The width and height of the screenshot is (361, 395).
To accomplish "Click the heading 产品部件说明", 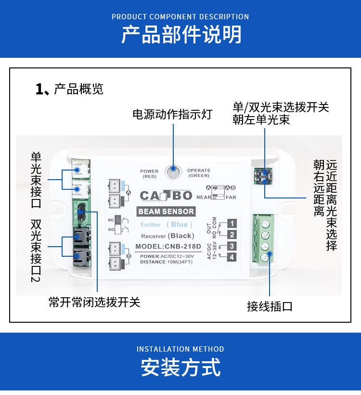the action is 180,35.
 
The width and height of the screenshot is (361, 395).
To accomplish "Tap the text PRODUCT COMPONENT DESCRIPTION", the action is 180,17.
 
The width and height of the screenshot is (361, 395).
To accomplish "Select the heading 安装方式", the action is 180,368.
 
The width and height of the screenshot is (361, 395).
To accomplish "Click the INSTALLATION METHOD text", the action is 180,349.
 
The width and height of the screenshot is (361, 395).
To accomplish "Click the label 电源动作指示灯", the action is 172,115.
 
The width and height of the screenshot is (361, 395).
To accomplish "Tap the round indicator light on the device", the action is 173,171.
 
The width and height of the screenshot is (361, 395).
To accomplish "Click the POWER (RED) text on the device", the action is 149,174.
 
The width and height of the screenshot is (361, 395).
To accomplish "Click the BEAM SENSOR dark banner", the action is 166,211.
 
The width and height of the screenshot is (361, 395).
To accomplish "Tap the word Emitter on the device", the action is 151,225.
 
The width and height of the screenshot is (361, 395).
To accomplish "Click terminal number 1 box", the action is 232,224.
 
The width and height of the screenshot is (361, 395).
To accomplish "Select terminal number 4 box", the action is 232,258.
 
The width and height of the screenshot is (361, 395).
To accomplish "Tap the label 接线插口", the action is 270,306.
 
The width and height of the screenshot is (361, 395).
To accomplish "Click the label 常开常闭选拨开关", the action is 94,303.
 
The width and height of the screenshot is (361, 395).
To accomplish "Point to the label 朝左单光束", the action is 261,120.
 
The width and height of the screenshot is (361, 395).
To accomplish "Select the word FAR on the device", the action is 231,197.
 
